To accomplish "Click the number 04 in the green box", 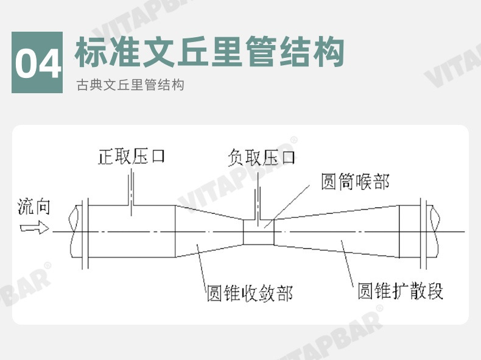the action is [x=37, y=63].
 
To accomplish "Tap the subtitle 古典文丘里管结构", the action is [x=130, y=85].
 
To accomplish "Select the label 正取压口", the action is [x=132, y=157].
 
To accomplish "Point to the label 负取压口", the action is [x=262, y=158].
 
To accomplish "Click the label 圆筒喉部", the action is [x=355, y=182].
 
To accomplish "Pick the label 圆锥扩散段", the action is [x=400, y=291].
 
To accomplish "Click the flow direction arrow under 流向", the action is [x=34, y=228].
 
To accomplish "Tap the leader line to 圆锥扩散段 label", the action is [x=348, y=262].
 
